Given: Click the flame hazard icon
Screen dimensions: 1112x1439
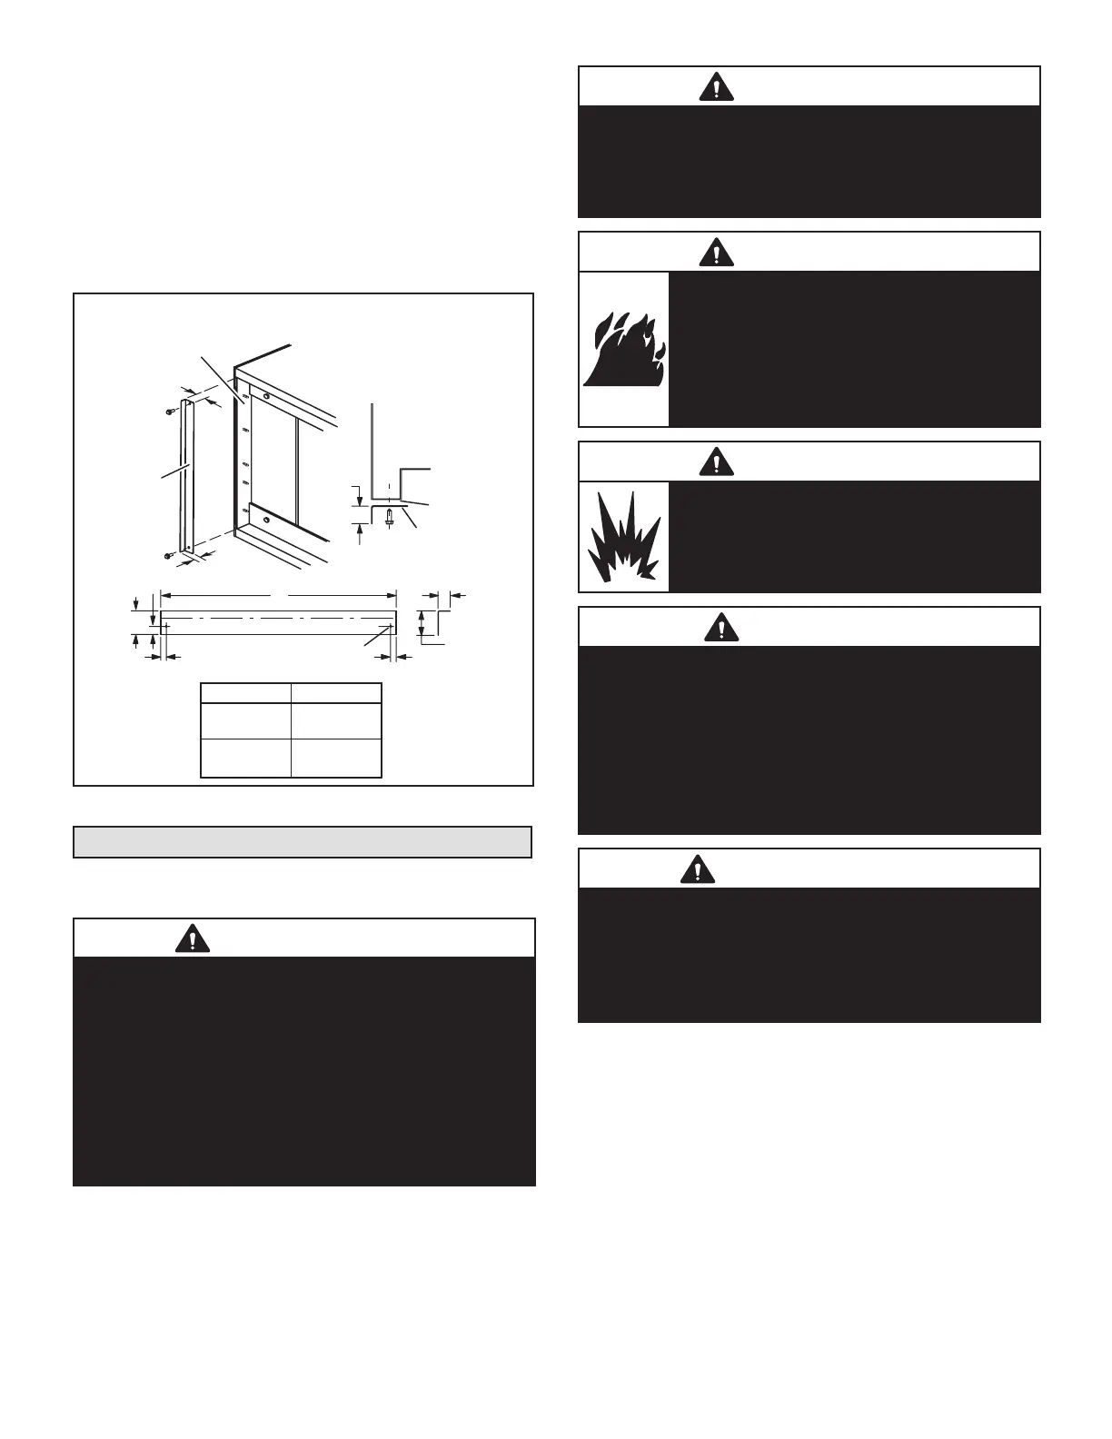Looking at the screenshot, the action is pos(623,351).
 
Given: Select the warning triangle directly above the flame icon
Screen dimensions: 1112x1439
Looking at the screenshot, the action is pos(717,252).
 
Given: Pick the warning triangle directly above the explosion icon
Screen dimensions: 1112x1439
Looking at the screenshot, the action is pos(717,461).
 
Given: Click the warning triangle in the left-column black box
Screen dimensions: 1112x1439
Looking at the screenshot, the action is pos(192,938).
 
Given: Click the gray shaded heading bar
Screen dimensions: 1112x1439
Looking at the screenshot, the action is pos(302,842).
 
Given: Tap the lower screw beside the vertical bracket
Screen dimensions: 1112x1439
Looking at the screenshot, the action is pos(170,554).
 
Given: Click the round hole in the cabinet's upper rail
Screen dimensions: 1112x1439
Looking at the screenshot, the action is pos(265,396).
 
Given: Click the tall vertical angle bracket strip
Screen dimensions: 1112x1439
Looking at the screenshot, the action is pos(186,474).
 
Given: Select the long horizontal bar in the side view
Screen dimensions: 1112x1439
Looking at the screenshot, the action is pos(278,622).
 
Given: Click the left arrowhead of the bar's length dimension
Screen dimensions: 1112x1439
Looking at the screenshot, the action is pos(164,596).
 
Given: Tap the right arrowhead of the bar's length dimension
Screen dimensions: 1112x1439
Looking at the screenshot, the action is pos(393,596).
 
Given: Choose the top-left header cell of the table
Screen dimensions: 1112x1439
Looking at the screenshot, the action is pos(245,693).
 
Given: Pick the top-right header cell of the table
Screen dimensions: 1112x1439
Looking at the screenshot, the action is pos(336,693).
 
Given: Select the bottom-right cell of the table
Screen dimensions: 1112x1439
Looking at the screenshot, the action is pos(336,758).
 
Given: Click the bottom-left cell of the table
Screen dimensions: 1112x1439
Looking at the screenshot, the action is pos(245,758).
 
